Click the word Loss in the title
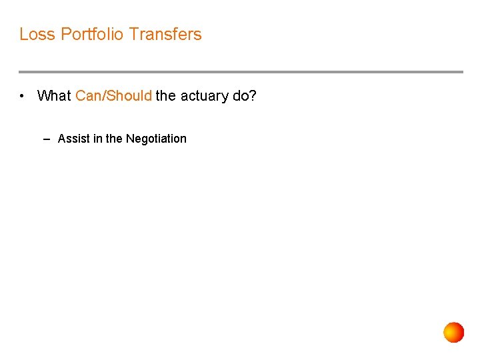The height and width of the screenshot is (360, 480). click(37, 34)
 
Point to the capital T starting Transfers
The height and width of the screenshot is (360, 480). click(134, 34)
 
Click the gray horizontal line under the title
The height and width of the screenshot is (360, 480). click(240, 72)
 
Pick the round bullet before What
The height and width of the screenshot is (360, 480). click(23, 96)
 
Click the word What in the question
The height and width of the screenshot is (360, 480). click(54, 96)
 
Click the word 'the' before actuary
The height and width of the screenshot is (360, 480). click(166, 96)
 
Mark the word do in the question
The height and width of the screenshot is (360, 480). click(240, 96)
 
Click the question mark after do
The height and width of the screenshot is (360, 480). click(253, 96)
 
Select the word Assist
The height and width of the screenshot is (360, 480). click(72, 139)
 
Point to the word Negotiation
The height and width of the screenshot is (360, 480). click(156, 139)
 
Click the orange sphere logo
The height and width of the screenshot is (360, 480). click(454, 332)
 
